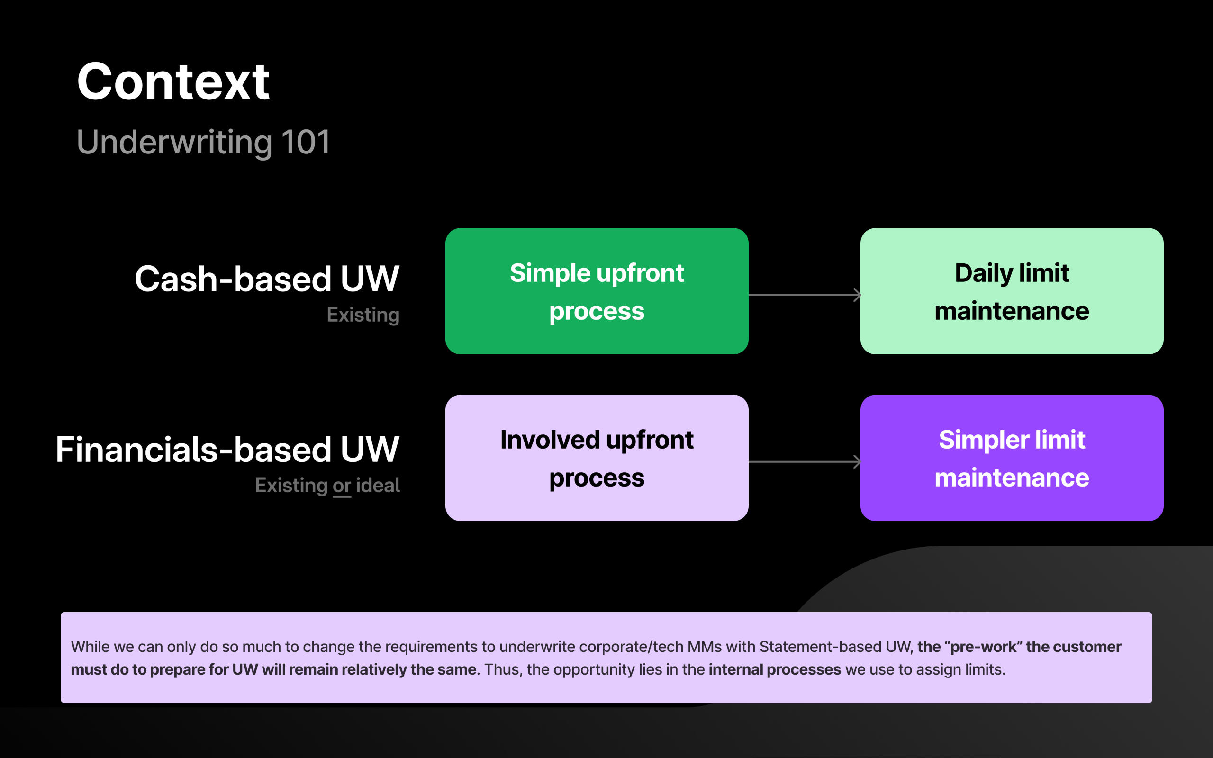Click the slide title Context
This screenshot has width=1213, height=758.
173,81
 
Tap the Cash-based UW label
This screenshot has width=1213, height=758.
267,279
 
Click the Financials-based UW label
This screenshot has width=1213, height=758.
227,449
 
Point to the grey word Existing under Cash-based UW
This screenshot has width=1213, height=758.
363,315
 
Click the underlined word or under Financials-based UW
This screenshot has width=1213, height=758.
341,486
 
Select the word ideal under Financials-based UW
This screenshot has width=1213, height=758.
378,485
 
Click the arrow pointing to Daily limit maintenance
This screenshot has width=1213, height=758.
804,295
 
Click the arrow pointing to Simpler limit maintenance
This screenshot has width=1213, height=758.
804,462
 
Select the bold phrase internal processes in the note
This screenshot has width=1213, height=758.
774,670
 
